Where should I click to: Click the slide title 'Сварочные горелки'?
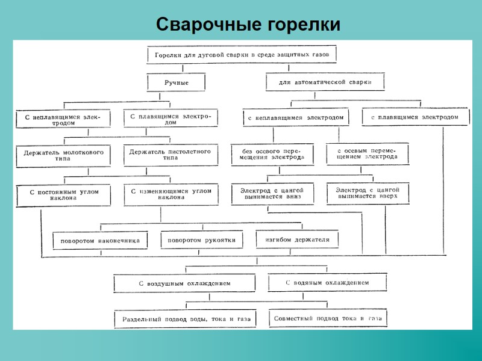click(248, 25)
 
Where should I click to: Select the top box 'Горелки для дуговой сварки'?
click(241, 55)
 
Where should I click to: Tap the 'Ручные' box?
click(176, 82)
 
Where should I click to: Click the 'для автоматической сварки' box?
click(325, 81)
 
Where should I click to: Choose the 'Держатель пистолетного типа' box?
click(170, 155)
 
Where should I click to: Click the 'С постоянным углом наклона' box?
click(63, 195)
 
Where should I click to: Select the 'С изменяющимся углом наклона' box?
click(171, 194)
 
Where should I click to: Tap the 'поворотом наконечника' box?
click(100, 241)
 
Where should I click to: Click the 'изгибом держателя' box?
click(297, 239)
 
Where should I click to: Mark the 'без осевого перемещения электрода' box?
click(273, 154)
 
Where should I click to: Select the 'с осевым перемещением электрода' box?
click(367, 153)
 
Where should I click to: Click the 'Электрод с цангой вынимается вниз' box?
click(273, 193)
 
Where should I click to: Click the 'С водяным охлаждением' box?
click(327, 282)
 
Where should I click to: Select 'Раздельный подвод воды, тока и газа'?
click(186, 318)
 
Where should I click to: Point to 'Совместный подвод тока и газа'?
click(327, 318)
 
